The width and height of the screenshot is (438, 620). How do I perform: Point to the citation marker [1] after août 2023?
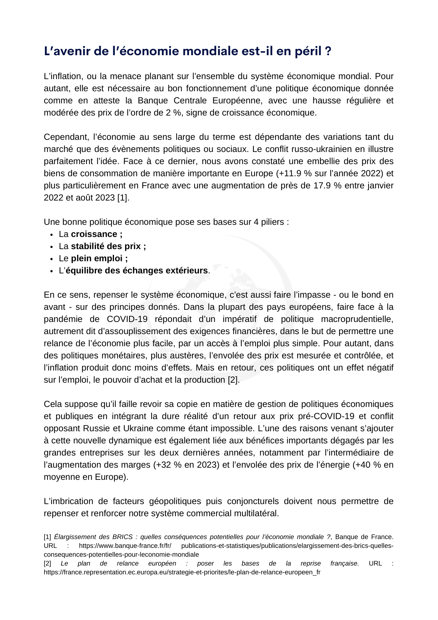tap(123, 198)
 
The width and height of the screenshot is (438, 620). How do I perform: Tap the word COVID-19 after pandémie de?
tap(127, 319)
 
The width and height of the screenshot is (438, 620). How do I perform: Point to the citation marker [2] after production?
tap(233, 380)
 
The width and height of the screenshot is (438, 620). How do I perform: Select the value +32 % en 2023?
tap(186, 465)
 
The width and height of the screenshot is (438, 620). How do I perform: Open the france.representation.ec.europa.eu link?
tap(182, 572)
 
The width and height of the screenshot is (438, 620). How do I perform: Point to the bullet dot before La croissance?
tap(51, 235)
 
